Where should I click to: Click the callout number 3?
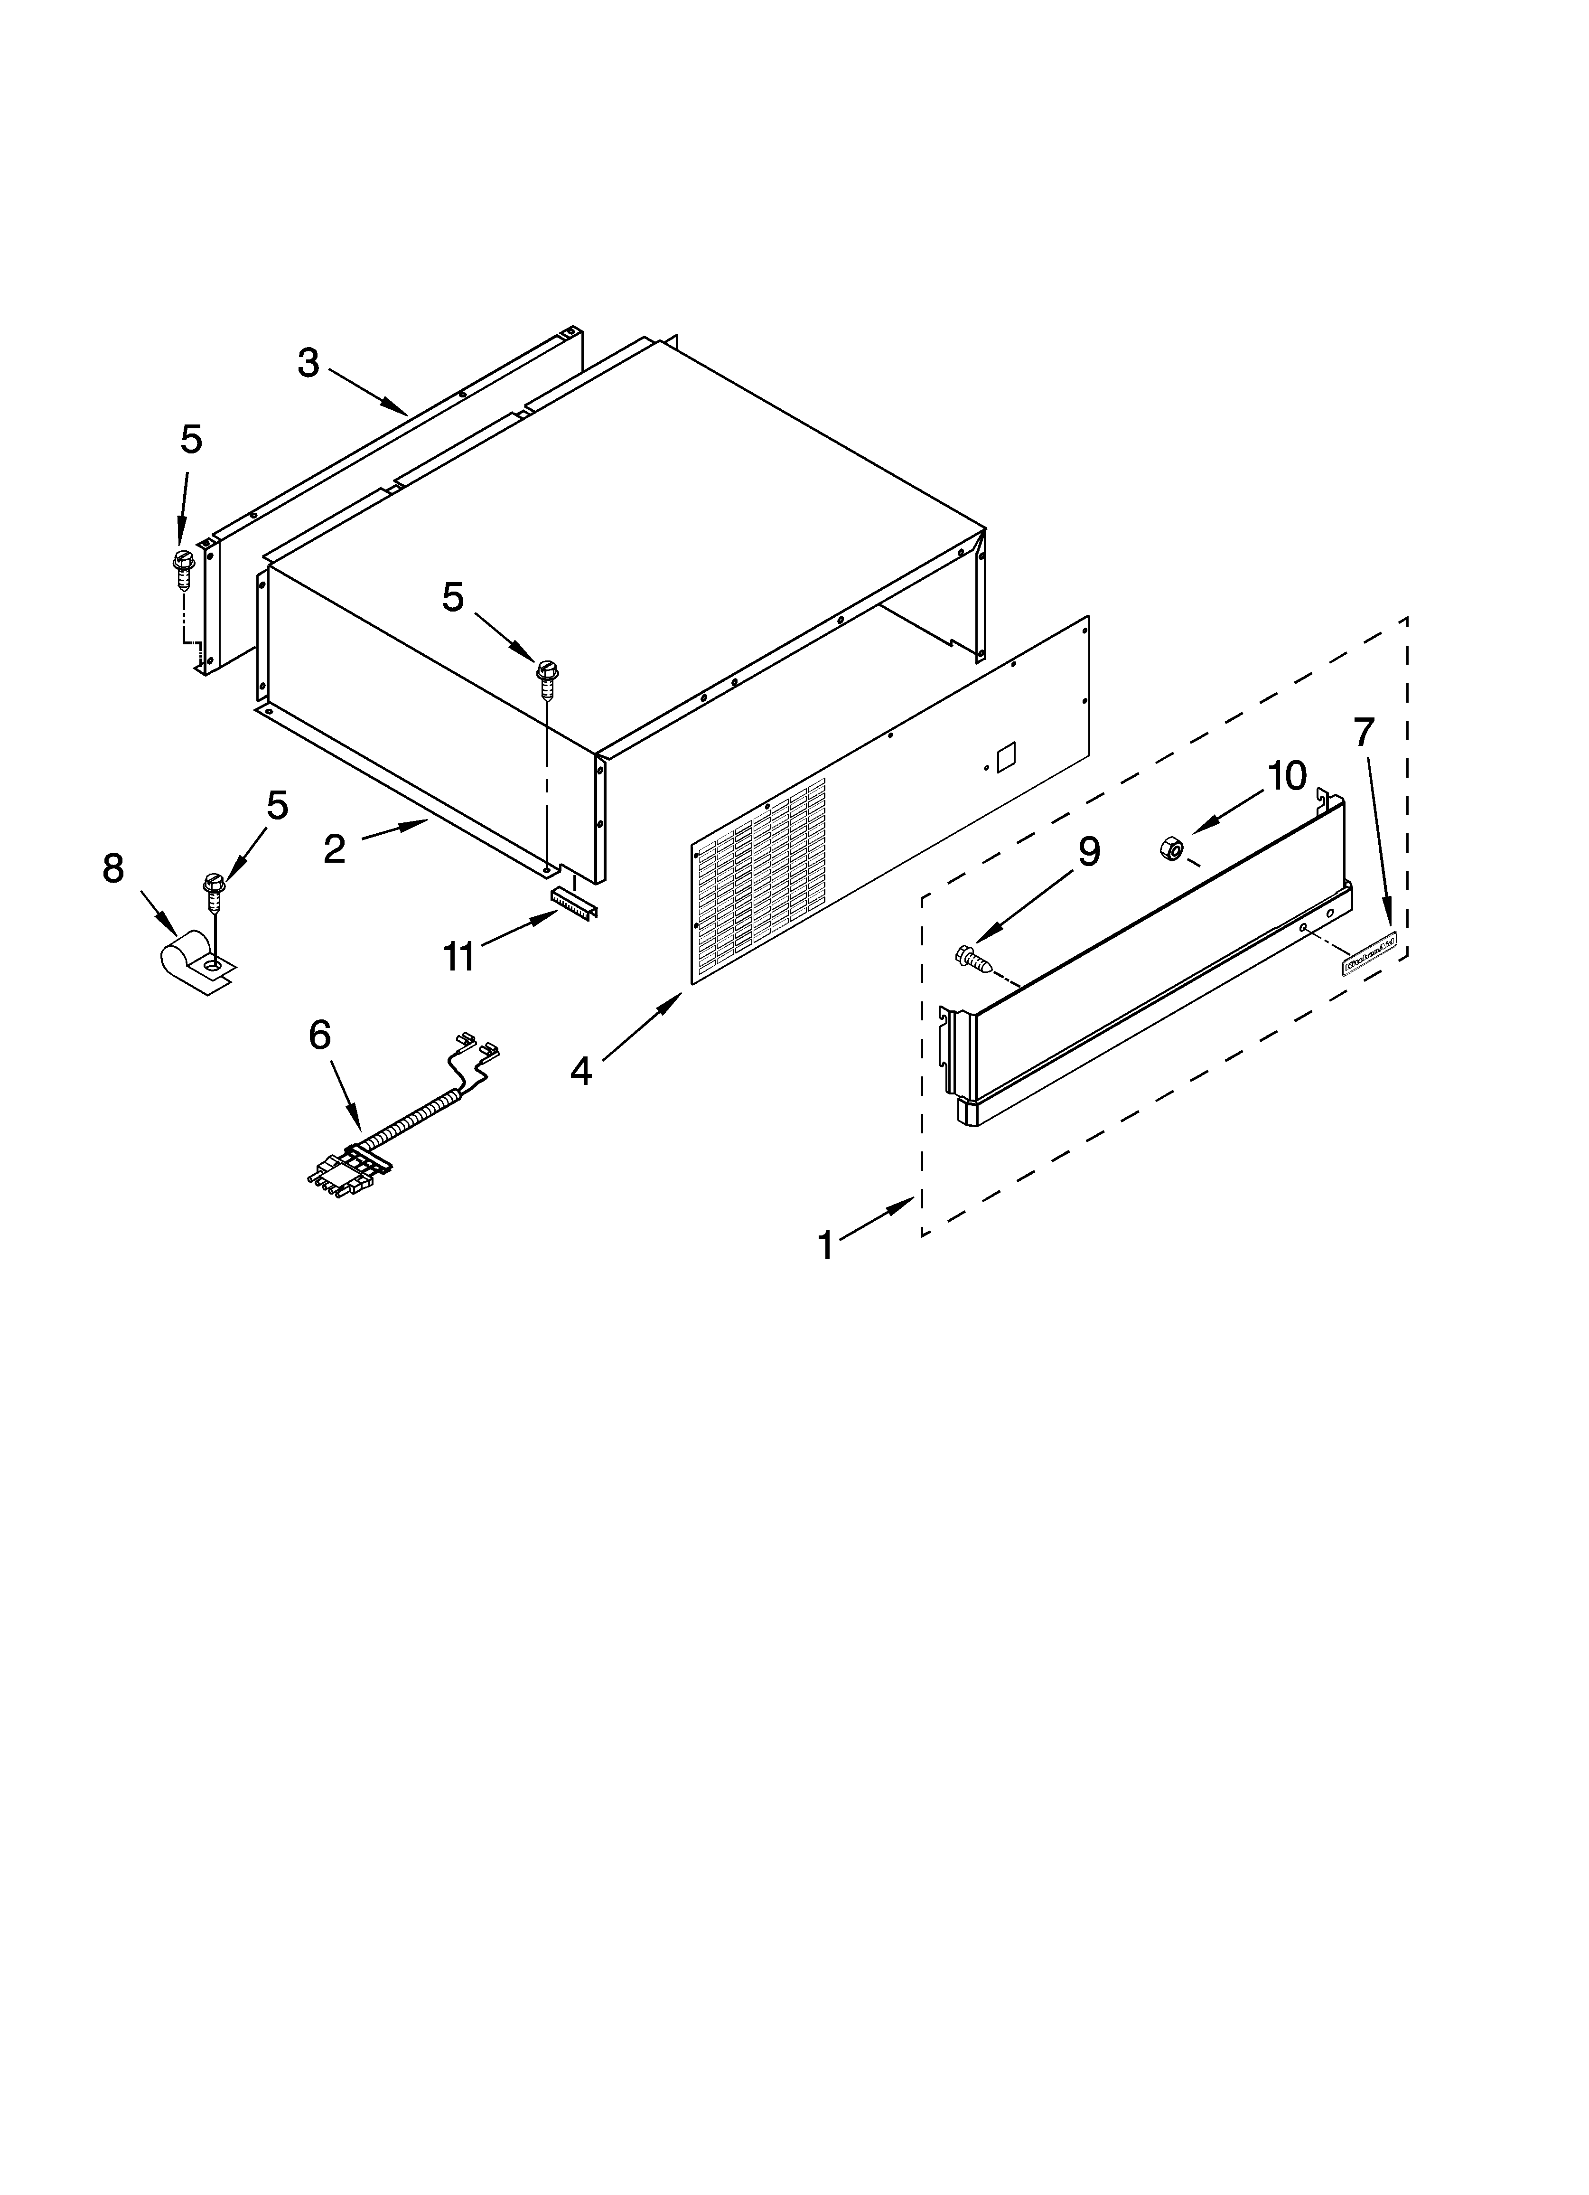tap(308, 364)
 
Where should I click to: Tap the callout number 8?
tap(113, 869)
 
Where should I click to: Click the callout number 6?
tap(319, 1036)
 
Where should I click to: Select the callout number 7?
tap(1363, 733)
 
